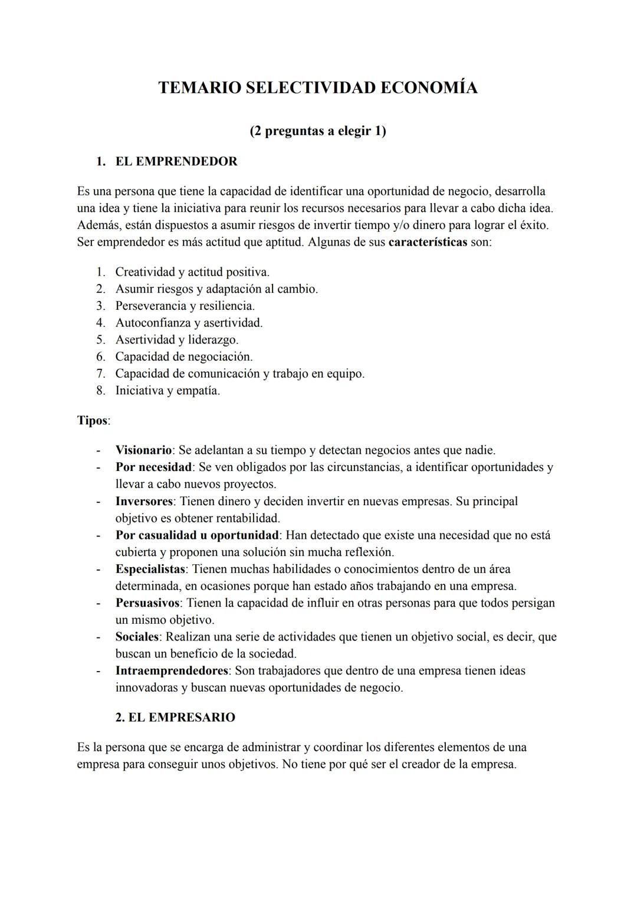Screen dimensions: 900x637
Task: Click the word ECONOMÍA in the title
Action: point(428,88)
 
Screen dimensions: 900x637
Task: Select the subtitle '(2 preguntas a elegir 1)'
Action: point(317,130)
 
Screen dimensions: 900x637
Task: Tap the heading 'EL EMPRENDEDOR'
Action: point(176,161)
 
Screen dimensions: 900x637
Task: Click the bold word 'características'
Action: point(428,243)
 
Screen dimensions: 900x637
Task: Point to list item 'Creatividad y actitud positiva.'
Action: point(192,272)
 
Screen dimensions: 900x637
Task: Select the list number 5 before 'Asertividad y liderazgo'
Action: point(100,340)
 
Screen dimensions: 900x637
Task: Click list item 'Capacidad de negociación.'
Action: point(183,357)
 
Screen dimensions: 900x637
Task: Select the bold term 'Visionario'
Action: point(143,450)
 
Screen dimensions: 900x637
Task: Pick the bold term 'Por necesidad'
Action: point(153,467)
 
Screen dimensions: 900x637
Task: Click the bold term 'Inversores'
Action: point(144,502)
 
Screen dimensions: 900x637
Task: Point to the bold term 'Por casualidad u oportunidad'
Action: point(197,535)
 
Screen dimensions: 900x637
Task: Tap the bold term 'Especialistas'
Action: point(150,570)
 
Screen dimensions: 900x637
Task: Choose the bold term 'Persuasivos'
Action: point(147,603)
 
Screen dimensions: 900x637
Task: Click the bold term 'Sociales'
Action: point(137,637)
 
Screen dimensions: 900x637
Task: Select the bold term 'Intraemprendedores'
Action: point(172,671)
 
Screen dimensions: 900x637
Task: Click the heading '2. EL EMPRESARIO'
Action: point(175,718)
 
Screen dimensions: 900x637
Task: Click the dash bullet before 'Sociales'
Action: point(98,637)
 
